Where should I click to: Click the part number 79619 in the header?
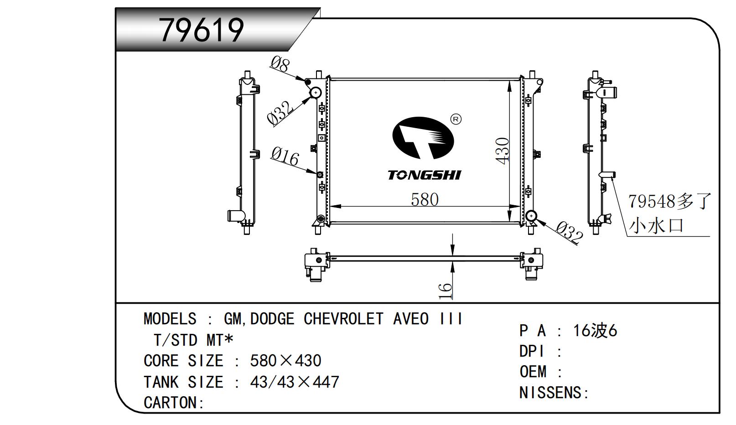pyautogui.click(x=201, y=30)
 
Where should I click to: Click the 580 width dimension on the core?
pyautogui.click(x=425, y=200)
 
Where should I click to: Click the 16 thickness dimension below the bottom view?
pyautogui.click(x=445, y=291)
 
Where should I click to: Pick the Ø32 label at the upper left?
pyautogui.click(x=280, y=114)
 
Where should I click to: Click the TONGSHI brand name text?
pyautogui.click(x=424, y=175)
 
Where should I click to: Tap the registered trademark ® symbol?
pyautogui.click(x=456, y=119)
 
